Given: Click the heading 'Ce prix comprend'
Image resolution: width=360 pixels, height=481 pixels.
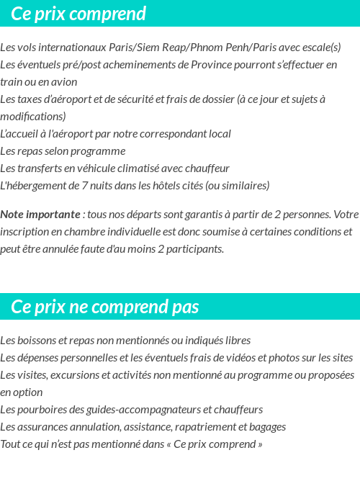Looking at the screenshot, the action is coord(78,14).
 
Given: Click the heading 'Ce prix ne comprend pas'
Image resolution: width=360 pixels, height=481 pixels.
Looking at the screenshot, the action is coord(104,307).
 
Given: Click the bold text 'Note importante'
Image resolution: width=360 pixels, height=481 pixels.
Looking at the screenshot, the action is coord(40,215).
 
